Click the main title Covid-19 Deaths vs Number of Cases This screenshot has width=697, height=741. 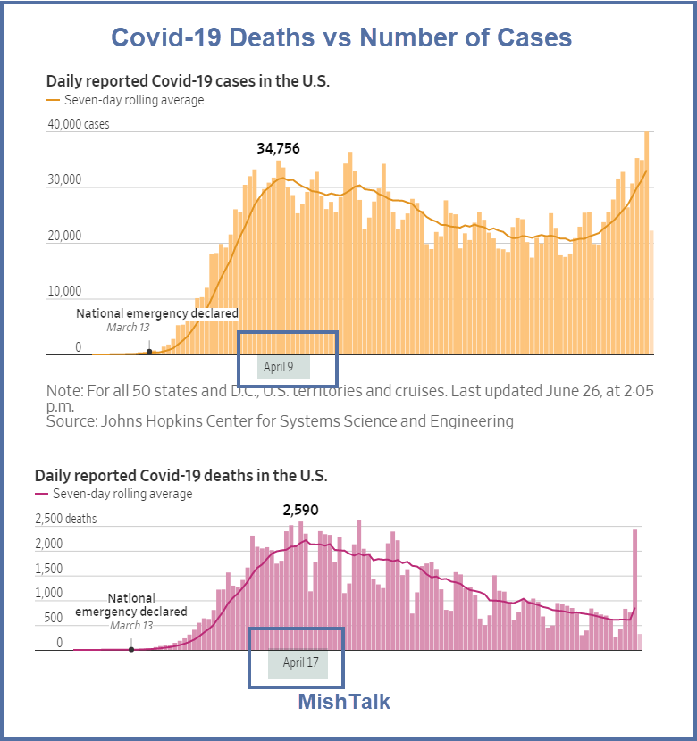(341, 37)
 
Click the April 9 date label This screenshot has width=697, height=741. (279, 367)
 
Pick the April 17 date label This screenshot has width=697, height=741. (300, 662)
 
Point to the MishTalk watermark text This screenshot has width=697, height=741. (344, 702)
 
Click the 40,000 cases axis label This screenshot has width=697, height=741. (79, 125)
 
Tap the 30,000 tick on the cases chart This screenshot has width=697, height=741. (64, 180)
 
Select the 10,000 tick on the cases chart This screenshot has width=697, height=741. (64, 291)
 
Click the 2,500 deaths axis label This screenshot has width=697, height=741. (65, 519)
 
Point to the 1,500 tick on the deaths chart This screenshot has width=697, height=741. (48, 569)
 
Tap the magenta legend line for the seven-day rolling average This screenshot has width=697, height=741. (41, 494)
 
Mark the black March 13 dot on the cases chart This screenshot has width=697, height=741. (148, 352)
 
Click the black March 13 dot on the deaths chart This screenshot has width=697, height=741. (131, 649)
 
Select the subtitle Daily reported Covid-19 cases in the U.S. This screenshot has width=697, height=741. (188, 81)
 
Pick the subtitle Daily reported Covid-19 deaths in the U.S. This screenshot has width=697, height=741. (181, 476)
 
